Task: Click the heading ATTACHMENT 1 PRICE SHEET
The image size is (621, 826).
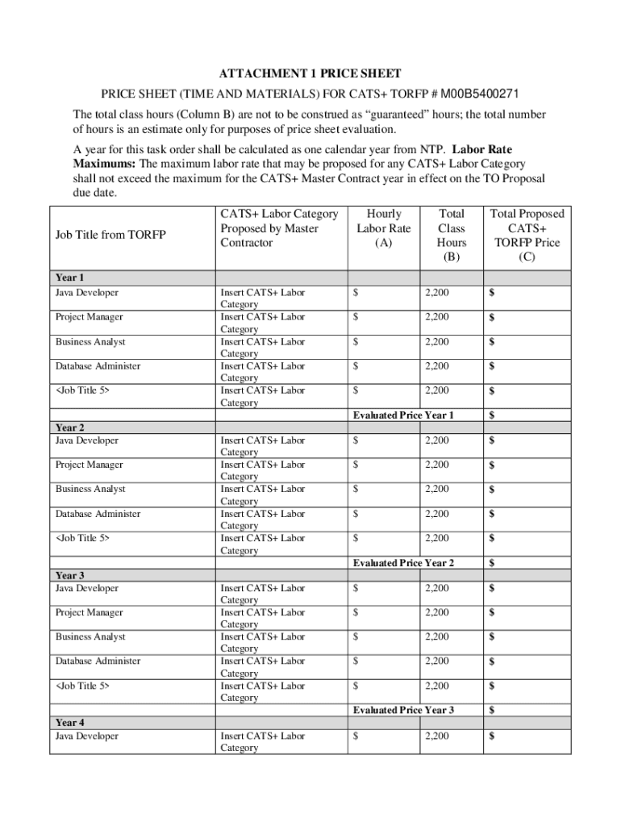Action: (310, 73)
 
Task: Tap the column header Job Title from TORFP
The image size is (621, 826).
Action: (110, 235)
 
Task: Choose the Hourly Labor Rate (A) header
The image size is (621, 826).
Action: (383, 227)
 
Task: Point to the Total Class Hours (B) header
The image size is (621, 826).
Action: (451, 235)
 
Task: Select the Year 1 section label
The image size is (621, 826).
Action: (70, 277)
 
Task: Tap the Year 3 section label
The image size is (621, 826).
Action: (70, 575)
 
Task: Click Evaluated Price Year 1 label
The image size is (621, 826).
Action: (403, 415)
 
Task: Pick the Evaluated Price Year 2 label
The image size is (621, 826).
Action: (403, 562)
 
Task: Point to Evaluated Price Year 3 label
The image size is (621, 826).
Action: (403, 710)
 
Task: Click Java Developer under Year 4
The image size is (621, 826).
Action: (86, 736)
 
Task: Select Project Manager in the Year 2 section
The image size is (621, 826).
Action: (89, 465)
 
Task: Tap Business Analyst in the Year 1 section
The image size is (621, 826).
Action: (90, 342)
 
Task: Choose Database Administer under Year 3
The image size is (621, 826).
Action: (98, 661)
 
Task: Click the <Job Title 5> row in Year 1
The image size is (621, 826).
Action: (82, 390)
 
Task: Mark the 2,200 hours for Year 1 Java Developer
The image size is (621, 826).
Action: (437, 293)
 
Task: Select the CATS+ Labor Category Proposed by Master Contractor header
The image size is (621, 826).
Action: (279, 227)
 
